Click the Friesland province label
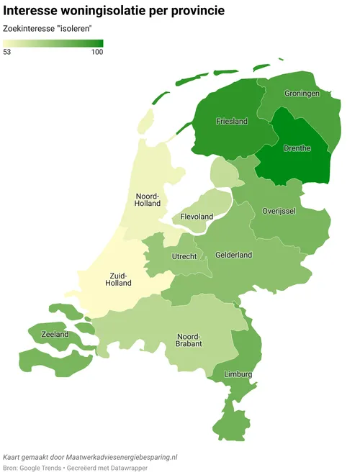[232, 122]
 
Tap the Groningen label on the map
[302, 94]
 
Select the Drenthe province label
[297, 148]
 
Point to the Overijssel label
[280, 210]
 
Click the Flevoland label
[197, 217]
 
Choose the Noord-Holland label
[148, 201]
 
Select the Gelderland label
[234, 255]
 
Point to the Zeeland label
[55, 335]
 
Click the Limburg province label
[238, 375]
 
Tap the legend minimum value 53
[8, 52]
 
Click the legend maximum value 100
[96, 52]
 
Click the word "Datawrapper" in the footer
[153, 469]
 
